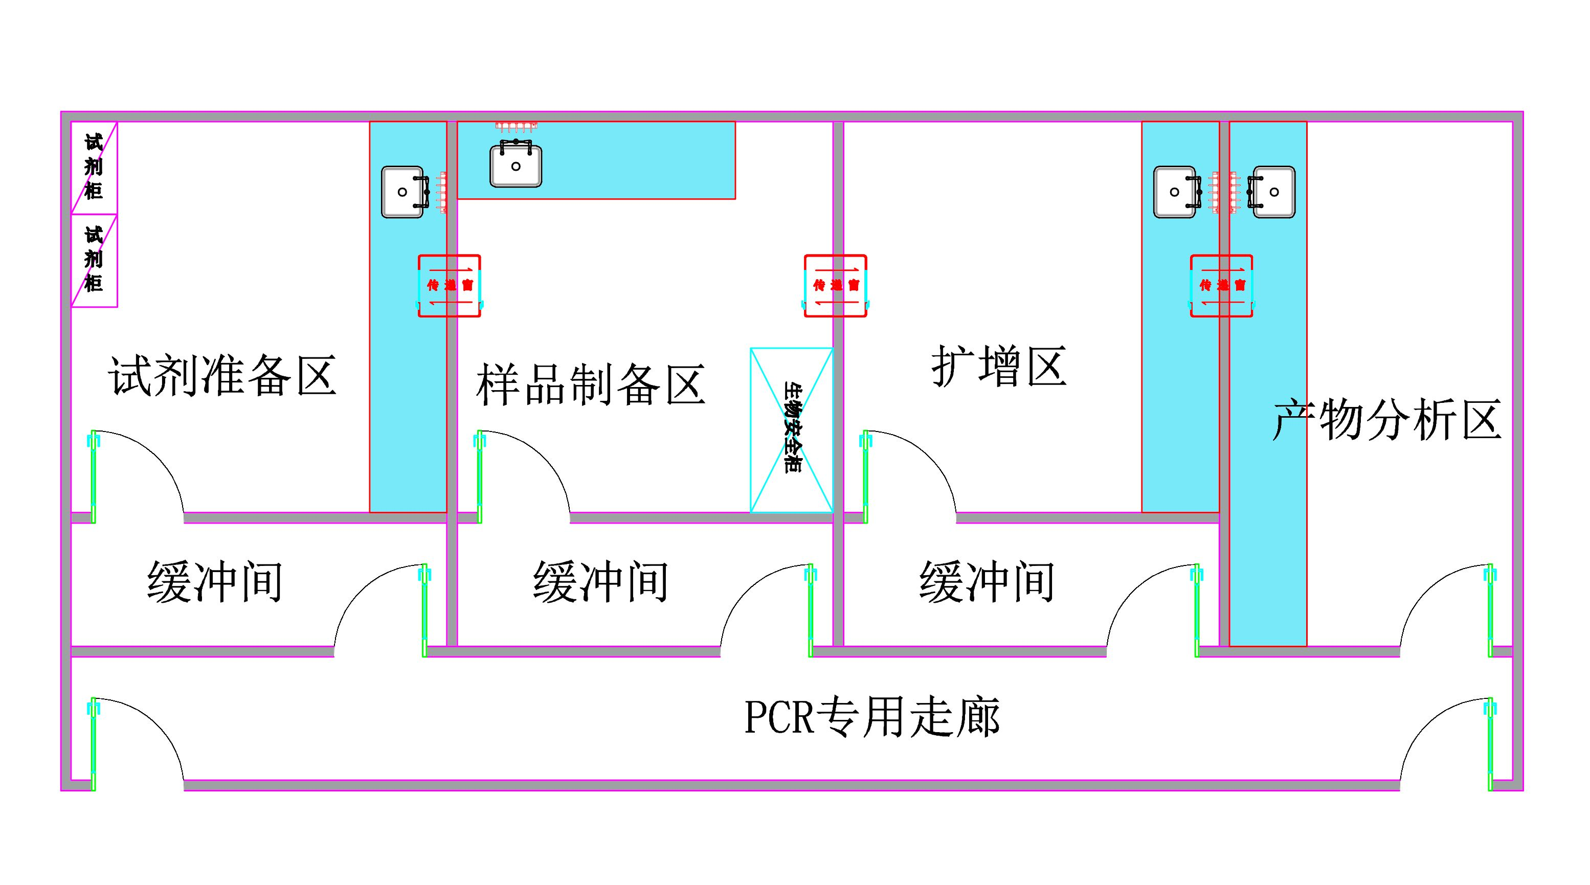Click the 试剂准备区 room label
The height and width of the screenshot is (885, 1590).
tap(222, 375)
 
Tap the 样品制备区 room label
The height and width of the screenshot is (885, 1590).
tap(590, 384)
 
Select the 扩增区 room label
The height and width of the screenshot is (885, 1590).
tap(999, 366)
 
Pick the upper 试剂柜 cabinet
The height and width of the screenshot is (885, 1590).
tap(94, 167)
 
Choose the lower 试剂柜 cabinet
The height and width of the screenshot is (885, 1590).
tap(94, 260)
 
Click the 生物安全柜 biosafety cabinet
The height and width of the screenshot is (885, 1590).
tap(791, 429)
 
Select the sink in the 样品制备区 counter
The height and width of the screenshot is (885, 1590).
tap(516, 166)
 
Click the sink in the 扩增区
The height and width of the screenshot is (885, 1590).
tap(1176, 192)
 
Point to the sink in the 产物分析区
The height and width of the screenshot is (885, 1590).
tap(1273, 192)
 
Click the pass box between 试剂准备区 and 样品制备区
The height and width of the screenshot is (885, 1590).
tap(450, 286)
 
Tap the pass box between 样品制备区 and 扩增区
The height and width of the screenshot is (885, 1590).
tap(836, 286)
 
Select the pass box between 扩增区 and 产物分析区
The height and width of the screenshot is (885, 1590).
tap(1221, 286)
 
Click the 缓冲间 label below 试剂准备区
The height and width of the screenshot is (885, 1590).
tap(215, 581)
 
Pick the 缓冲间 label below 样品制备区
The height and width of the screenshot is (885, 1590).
tap(600, 581)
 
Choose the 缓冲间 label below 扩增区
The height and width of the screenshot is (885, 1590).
tap(987, 581)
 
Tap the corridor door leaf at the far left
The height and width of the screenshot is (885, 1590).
tap(93, 744)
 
